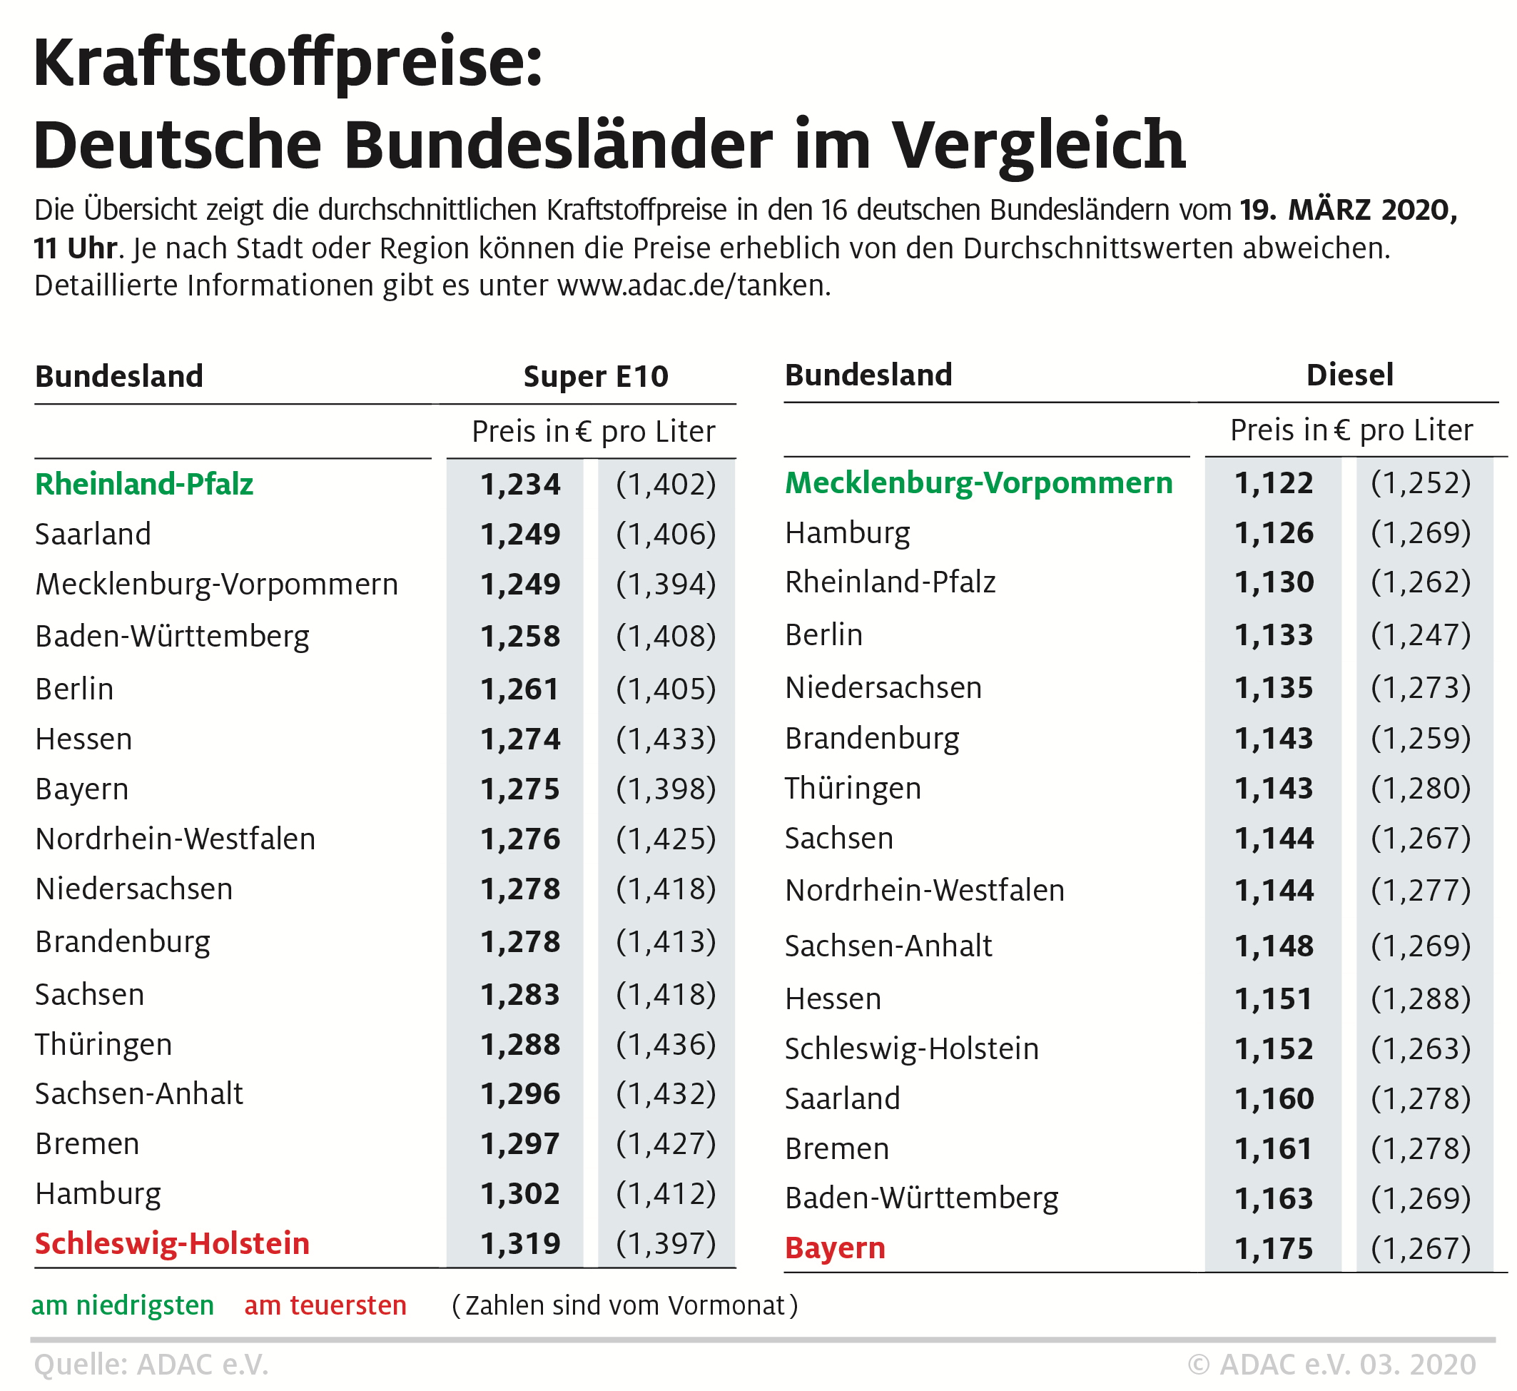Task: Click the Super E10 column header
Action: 595,376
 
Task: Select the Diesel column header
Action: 1349,375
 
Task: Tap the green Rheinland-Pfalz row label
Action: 143,484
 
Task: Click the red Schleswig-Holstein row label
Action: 172,1243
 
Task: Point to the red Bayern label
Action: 835,1248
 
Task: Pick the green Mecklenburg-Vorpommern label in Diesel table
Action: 978,482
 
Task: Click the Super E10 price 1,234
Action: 520,484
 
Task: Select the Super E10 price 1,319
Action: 520,1243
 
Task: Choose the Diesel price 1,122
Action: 1273,482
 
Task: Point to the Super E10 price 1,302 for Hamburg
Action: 520,1194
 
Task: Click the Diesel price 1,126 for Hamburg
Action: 1273,533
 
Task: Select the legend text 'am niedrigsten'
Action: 123,1305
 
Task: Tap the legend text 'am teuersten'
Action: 325,1305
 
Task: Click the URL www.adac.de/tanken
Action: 693,286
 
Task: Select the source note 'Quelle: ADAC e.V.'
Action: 151,1365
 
